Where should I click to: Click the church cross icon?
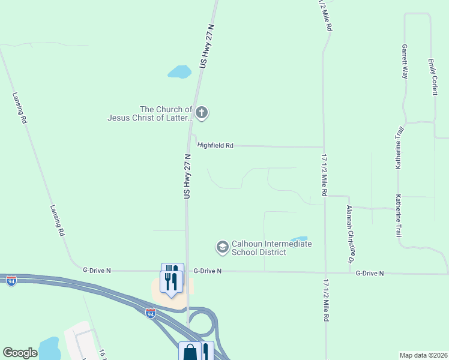(202, 112)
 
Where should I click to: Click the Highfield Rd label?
(215, 145)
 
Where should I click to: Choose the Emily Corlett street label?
(432, 76)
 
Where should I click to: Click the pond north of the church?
(179, 72)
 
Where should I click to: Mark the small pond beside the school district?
(298, 239)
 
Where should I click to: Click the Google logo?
(20, 353)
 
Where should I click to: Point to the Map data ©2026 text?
(423, 355)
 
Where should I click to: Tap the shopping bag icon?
(190, 352)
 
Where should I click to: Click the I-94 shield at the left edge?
(11, 280)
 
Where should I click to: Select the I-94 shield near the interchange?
(150, 313)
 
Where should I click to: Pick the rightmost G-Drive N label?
(369, 273)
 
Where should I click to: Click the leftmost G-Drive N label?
(97, 271)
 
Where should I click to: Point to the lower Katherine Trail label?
(398, 215)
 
